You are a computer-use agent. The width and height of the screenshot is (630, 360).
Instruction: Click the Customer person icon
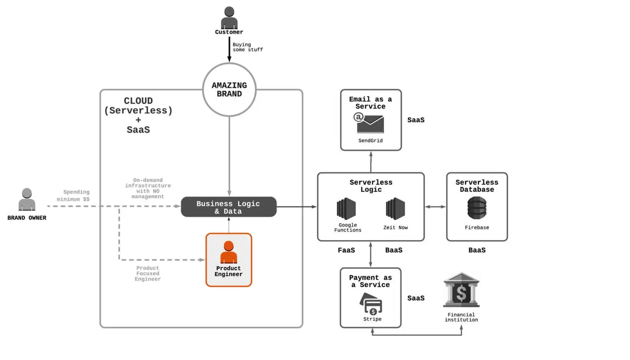click(229, 18)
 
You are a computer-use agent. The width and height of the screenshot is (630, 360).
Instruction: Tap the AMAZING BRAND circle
click(229, 89)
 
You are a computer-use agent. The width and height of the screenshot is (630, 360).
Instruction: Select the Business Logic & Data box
click(228, 207)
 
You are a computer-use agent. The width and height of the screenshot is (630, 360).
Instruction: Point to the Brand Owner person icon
click(27, 200)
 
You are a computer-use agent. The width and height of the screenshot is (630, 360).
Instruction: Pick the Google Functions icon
click(346, 208)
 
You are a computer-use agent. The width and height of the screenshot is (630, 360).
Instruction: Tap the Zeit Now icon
click(395, 208)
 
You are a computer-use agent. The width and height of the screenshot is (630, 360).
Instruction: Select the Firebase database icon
click(477, 208)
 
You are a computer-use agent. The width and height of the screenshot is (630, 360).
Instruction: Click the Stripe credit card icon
click(372, 304)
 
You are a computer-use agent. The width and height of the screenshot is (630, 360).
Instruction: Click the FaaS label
click(346, 250)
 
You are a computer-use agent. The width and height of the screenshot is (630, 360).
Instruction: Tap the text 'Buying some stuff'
click(247, 47)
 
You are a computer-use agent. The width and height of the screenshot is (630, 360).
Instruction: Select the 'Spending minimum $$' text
click(74, 196)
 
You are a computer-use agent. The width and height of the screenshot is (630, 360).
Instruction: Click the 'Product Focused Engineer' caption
click(148, 273)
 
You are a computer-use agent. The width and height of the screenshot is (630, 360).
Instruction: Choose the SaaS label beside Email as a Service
click(416, 120)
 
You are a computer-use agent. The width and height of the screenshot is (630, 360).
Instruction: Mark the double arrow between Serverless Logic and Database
click(435, 207)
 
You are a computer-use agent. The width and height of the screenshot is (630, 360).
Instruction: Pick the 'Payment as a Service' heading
click(370, 281)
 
